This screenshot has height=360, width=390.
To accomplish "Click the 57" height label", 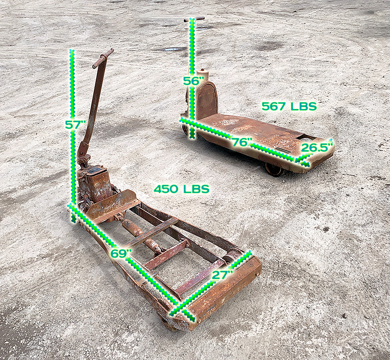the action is point(75,125).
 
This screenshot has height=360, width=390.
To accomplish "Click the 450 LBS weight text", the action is point(181,189).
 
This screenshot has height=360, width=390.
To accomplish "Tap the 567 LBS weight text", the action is point(289,106).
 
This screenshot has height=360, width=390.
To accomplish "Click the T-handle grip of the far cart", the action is point(194,19).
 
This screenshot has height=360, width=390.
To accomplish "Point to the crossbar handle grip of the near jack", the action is point(103,58).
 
